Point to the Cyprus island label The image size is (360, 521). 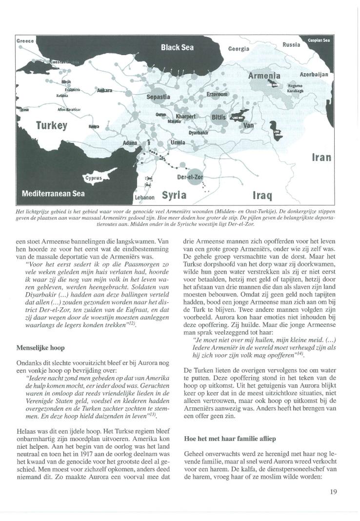tap(94, 179)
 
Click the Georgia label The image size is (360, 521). tap(239, 49)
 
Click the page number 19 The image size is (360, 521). tap(333, 491)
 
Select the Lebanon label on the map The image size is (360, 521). tap(145, 198)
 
